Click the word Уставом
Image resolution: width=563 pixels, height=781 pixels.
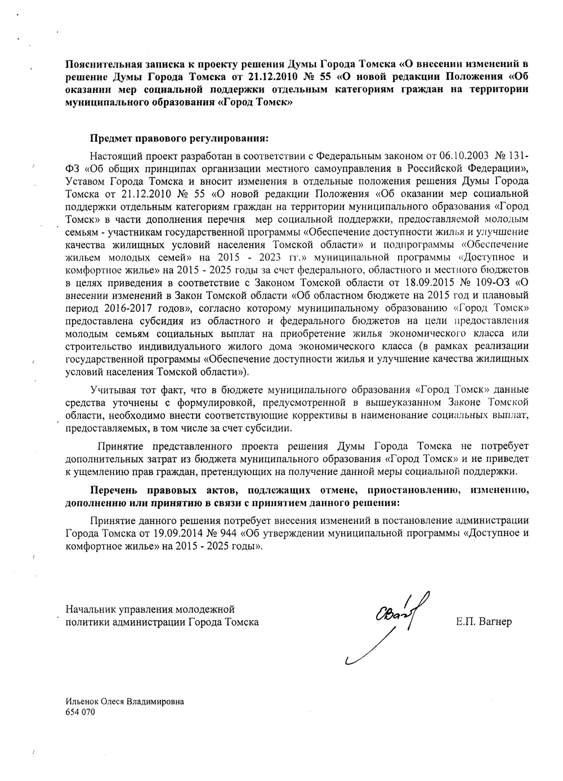(x=86, y=181)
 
